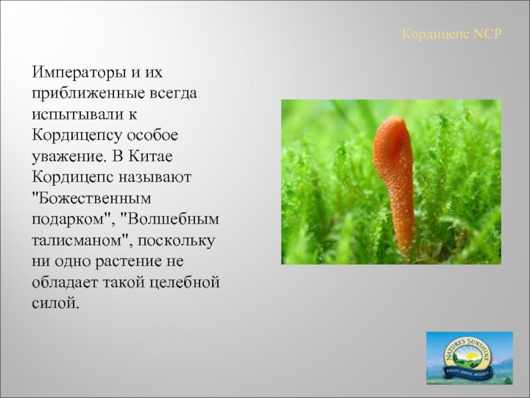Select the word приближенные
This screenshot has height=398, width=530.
click(x=88, y=94)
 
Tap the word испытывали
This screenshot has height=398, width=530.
click(x=76, y=115)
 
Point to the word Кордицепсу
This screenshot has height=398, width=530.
click(x=77, y=136)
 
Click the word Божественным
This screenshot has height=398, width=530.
click(x=91, y=198)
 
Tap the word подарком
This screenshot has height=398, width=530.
click(x=72, y=220)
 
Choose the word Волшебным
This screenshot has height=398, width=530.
click(x=170, y=219)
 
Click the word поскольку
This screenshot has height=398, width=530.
click(x=176, y=241)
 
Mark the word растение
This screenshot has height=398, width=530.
click(x=128, y=261)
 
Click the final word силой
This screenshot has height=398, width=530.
click(x=56, y=303)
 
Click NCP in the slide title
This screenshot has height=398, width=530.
click(x=488, y=34)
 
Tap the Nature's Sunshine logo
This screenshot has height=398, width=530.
click(x=470, y=358)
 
